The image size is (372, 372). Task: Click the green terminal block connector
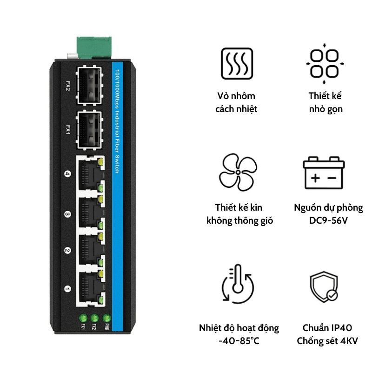coord(94,48)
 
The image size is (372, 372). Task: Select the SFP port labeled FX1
coord(89,130)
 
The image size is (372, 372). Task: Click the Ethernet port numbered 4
coord(90,174)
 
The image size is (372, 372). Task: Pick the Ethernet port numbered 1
coord(90,289)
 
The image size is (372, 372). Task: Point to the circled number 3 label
coord(67,214)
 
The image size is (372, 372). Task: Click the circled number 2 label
coord(67,251)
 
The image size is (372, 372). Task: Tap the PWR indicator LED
coord(106,318)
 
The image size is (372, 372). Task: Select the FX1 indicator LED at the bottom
coord(83,318)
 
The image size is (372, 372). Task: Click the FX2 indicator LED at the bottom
coord(94,318)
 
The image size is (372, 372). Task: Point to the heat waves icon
coord(237,64)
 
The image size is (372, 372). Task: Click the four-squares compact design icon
coord(325,64)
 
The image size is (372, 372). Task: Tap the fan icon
coord(238,172)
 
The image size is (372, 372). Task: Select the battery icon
coord(324,173)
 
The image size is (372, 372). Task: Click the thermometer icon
coord(238,284)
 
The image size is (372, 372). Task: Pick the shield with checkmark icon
coord(324,286)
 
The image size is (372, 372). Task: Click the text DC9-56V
coord(328,220)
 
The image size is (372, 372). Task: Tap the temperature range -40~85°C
coord(239,341)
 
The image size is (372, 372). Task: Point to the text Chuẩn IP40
coord(327,328)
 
